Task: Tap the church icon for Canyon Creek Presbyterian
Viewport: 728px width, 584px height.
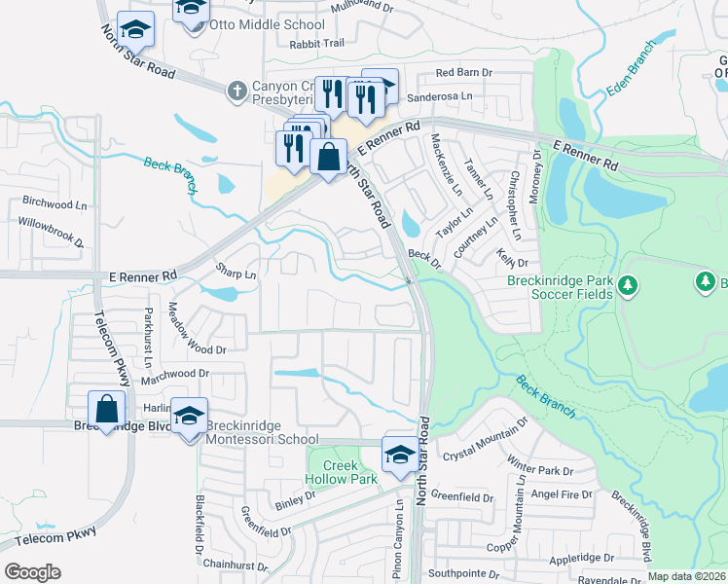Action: point(235,91)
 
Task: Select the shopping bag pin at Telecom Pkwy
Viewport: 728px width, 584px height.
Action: point(106,409)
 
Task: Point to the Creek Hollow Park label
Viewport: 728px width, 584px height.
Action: point(342,472)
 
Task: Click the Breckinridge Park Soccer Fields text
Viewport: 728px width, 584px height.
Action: point(560,287)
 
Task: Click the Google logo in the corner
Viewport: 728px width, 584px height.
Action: point(32,572)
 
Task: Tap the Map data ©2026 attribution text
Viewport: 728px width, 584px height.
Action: point(687,576)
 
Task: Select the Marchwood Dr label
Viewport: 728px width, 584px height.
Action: point(175,373)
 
